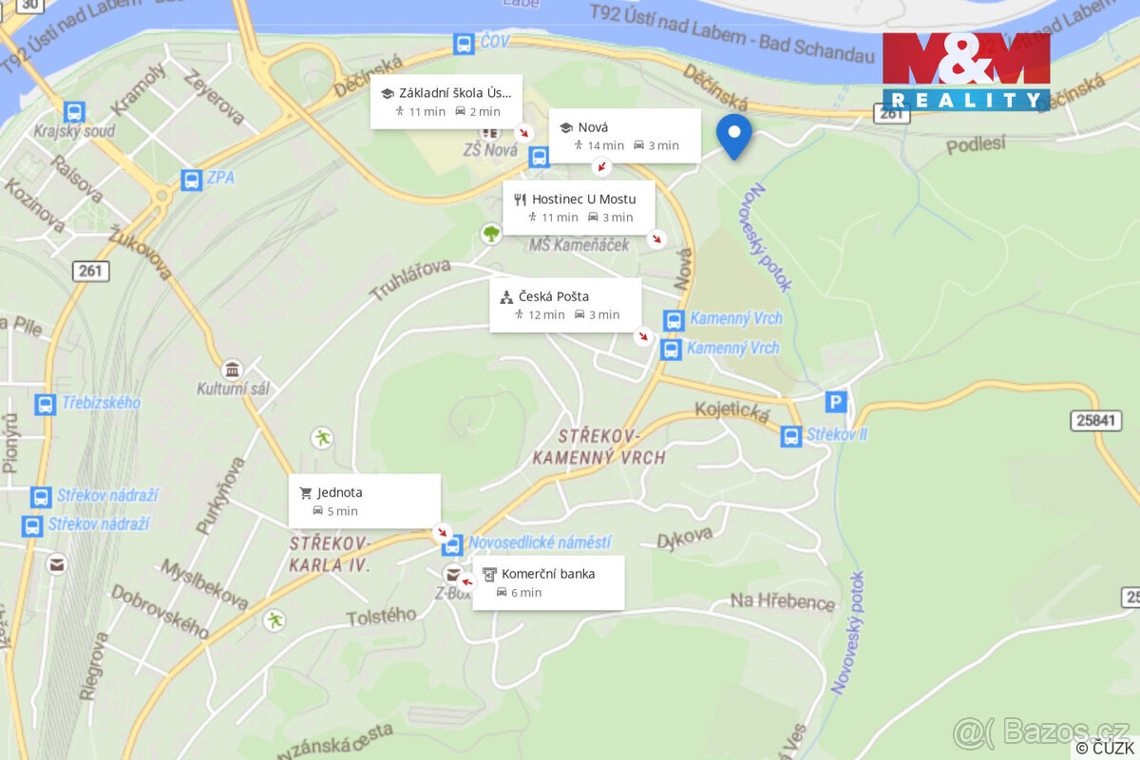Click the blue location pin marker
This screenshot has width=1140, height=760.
pyautogui.click(x=733, y=135)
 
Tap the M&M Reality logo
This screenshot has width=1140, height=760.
pyautogui.click(x=965, y=71)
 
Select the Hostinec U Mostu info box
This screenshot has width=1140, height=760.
pyautogui.click(x=579, y=207)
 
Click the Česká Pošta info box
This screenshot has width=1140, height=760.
pyautogui.click(x=565, y=305)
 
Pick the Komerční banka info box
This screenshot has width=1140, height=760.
pyautogui.click(x=548, y=582)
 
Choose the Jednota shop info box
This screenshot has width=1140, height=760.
pyautogui.click(x=365, y=501)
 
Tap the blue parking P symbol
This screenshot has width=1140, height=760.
pyautogui.click(x=836, y=403)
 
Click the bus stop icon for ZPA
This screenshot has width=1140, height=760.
pyautogui.click(x=191, y=179)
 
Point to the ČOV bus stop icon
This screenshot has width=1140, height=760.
pyautogui.click(x=464, y=44)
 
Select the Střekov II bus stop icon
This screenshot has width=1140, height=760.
pyautogui.click(x=791, y=436)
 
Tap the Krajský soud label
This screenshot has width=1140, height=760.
pyautogui.click(x=74, y=131)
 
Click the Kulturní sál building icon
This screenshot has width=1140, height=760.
pyautogui.click(x=231, y=370)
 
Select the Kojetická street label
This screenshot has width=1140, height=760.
pyautogui.click(x=731, y=410)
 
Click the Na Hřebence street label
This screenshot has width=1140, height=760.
pyautogui.click(x=782, y=601)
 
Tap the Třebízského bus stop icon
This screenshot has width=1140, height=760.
pyautogui.click(x=45, y=404)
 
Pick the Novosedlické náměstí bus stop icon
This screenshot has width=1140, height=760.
pyautogui.click(x=452, y=545)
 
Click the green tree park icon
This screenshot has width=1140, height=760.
pyautogui.click(x=491, y=233)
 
